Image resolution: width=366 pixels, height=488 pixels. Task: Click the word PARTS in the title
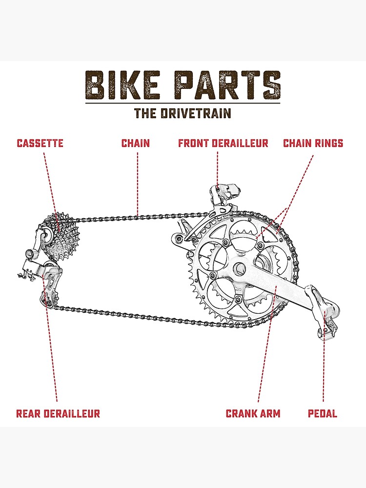point(228,85)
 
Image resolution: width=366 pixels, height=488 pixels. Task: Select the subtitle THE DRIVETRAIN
point(183,113)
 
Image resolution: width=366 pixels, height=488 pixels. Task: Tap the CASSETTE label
point(40,143)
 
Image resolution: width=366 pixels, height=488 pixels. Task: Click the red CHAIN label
point(136,143)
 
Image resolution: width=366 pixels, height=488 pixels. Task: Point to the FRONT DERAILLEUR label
point(223,143)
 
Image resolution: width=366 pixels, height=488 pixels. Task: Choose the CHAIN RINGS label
point(313,143)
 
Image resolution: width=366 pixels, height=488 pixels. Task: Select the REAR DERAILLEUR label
point(58,414)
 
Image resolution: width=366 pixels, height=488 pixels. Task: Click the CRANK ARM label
point(253,414)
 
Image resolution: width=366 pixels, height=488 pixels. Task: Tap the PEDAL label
point(323,414)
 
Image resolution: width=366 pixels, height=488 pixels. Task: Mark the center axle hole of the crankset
point(239,268)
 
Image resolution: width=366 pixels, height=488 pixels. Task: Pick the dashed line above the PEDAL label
point(324,371)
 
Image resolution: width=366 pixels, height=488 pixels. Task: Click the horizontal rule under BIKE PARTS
point(183,103)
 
